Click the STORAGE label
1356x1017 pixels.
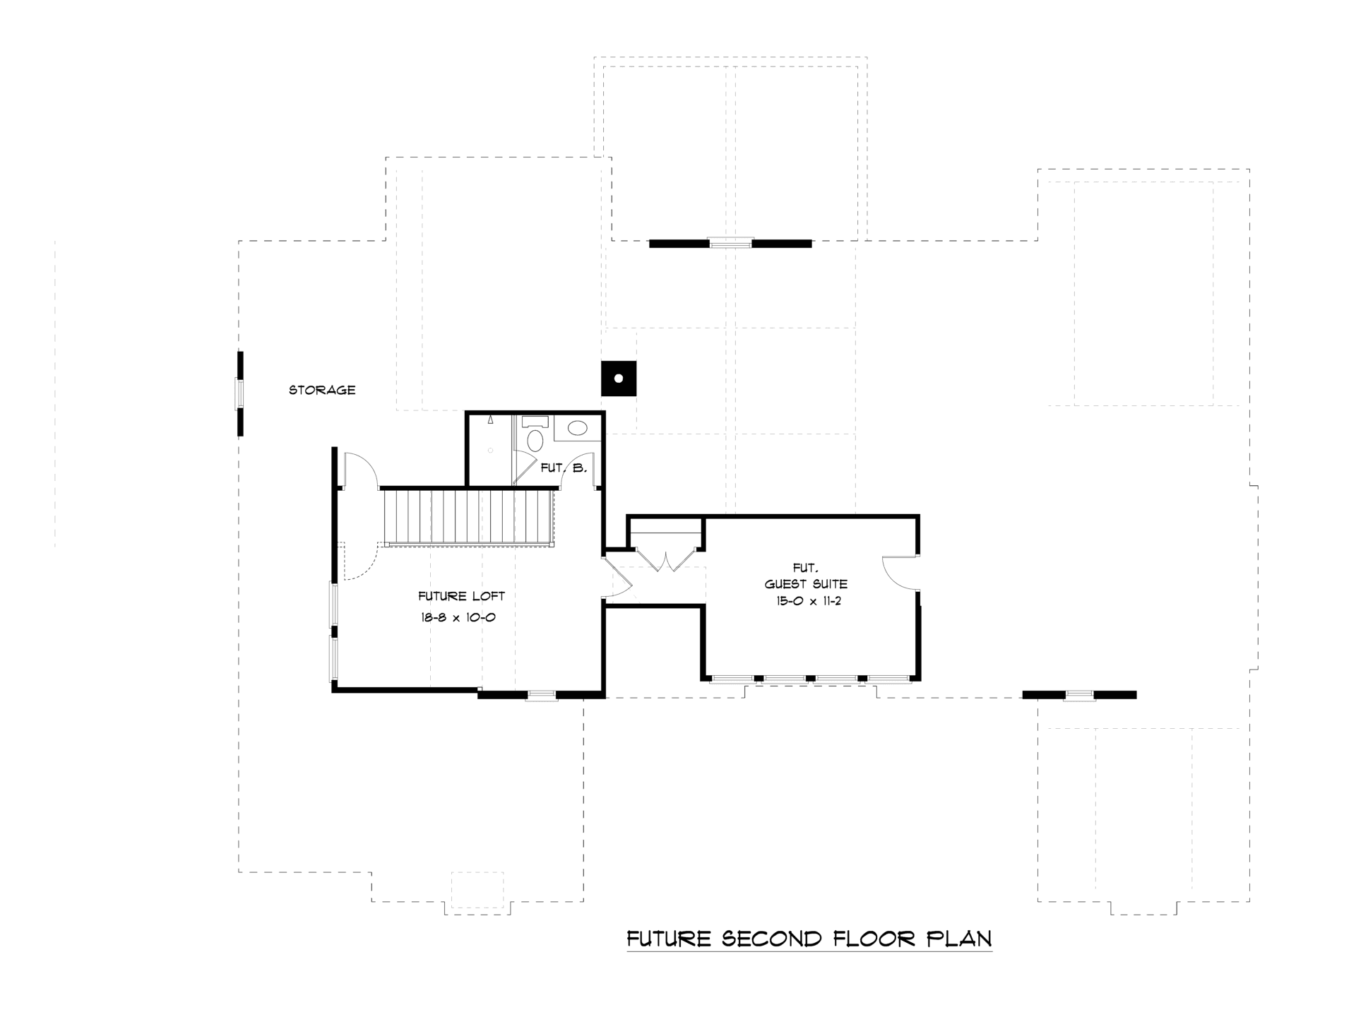tap(322, 390)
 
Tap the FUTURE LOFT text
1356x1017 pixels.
tap(462, 596)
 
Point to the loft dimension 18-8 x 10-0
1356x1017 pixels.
tap(458, 617)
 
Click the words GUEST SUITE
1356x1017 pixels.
tap(806, 584)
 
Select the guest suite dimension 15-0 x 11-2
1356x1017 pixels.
tap(806, 602)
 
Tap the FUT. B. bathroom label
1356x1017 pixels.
tap(564, 468)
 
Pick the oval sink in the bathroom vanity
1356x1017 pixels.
tap(578, 428)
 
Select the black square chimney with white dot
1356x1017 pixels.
tap(619, 379)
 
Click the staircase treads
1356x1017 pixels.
tap(468, 517)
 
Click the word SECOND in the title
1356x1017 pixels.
tap(773, 939)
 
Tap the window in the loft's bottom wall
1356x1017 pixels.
tap(542, 695)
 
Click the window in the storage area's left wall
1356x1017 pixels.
tap(240, 393)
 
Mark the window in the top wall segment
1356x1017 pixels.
tap(731, 243)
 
